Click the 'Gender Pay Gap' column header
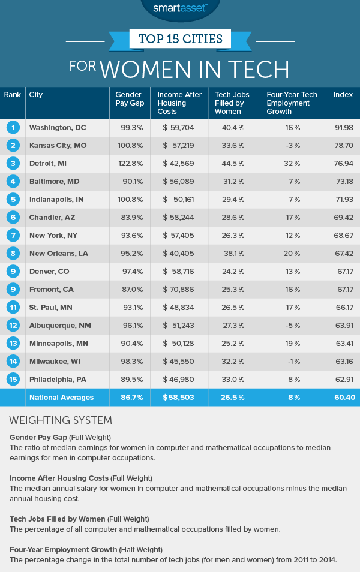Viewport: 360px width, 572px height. pos(127,99)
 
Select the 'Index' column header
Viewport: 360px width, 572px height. pos(343,95)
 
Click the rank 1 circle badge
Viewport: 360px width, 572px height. pos(11,127)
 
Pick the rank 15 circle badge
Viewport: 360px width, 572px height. pos(11,379)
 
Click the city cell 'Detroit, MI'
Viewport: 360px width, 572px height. pos(51,163)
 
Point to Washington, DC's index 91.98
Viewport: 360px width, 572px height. pos(343,127)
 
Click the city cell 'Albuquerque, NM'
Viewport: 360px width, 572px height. pos(59,325)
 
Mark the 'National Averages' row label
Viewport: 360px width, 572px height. pos(62,397)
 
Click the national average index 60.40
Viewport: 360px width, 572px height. pos(343,397)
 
